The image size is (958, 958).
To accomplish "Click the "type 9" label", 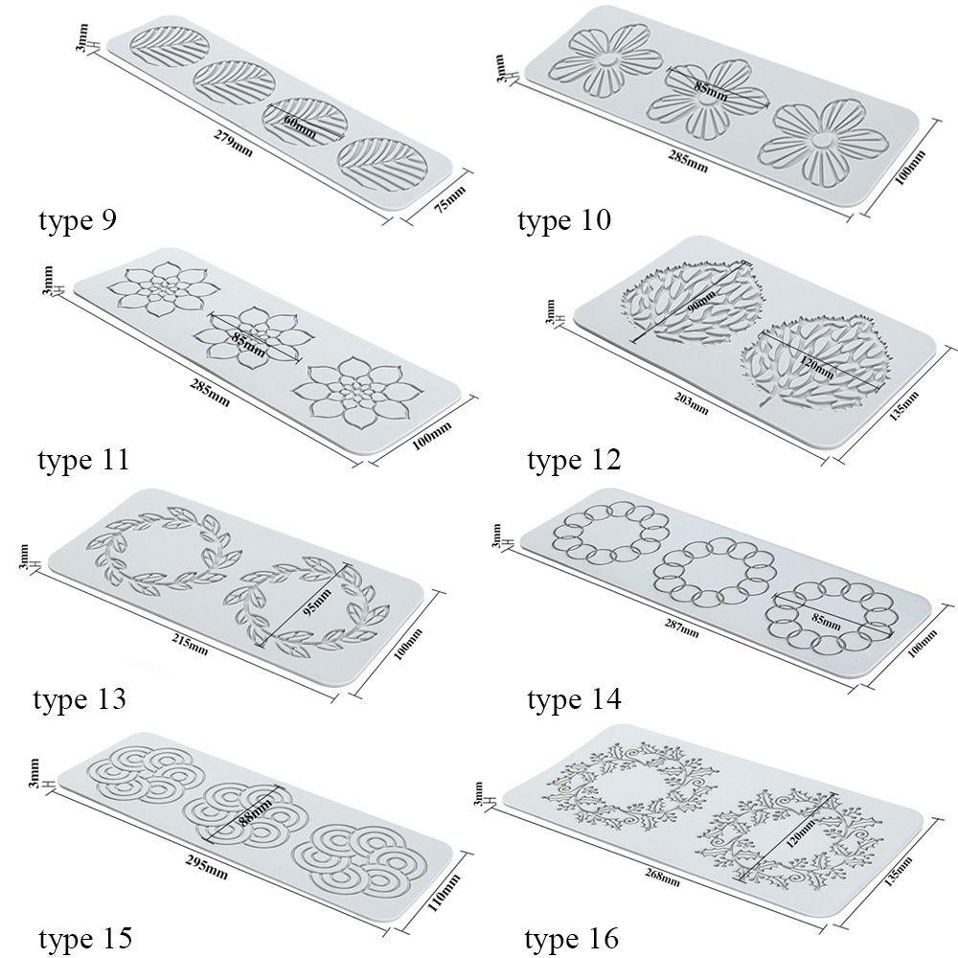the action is point(77,220).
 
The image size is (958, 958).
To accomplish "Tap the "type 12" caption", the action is point(574,460).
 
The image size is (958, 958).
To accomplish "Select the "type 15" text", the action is point(85,938).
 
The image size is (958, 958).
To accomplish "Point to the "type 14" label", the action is point(574,699).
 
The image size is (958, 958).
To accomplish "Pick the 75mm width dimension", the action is point(449,199).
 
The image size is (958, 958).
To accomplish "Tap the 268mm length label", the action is point(663,878).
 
